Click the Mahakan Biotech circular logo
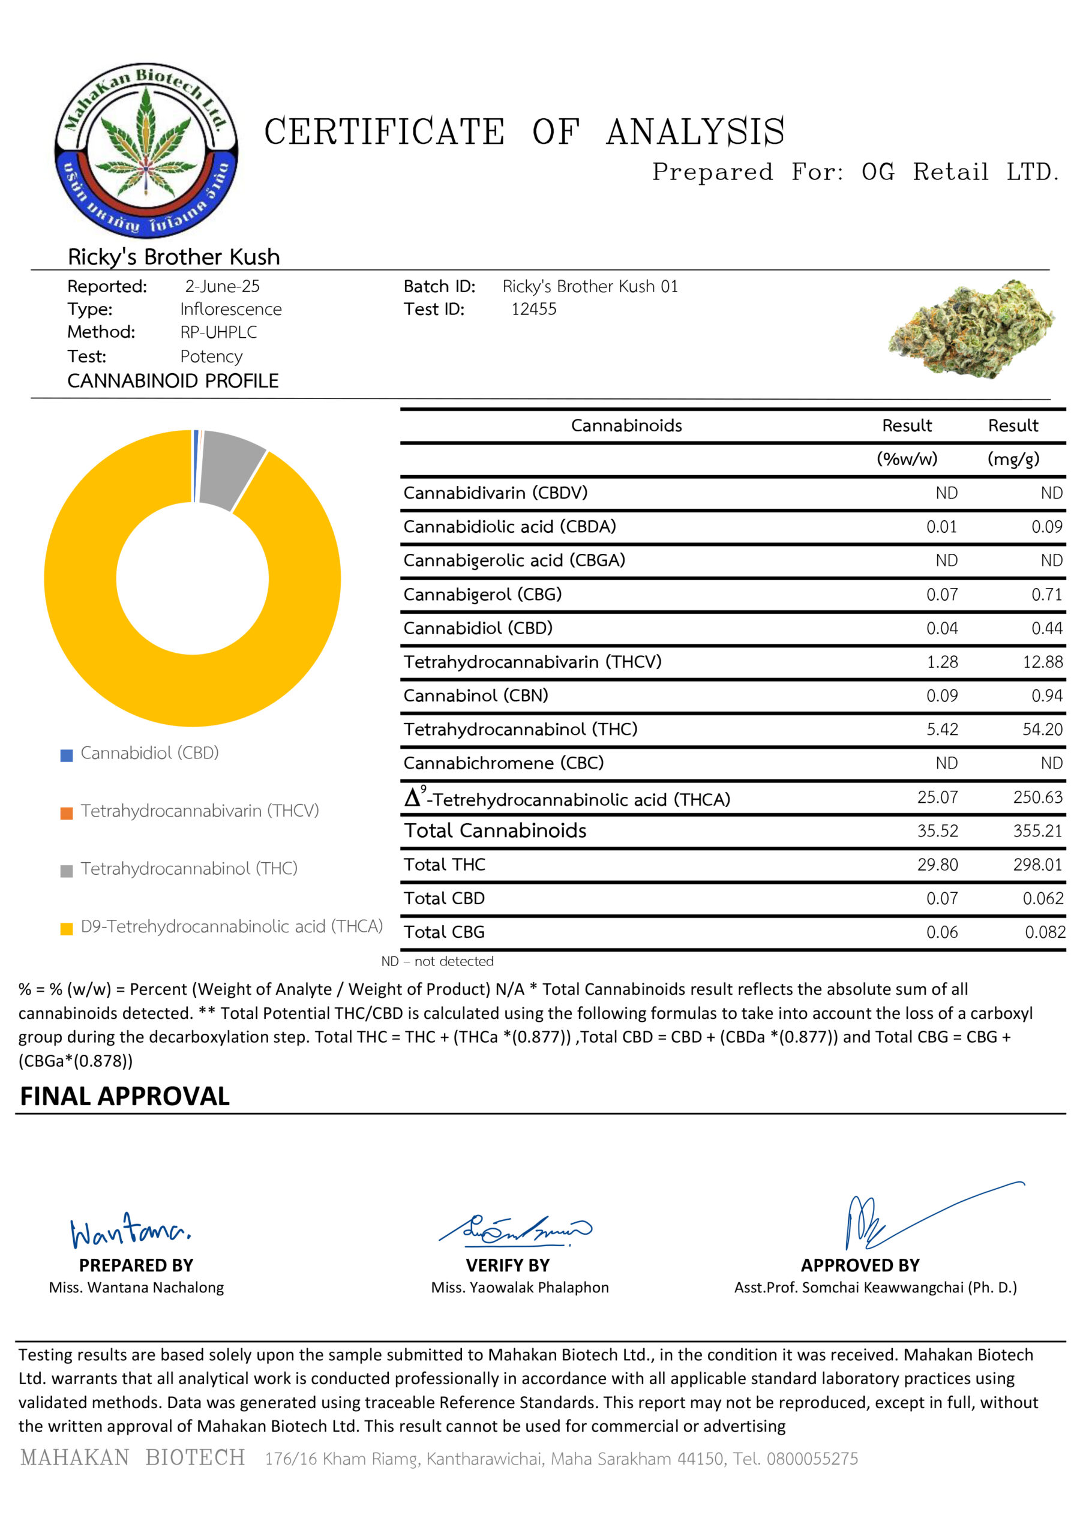pos(146,150)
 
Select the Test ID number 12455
pos(533,309)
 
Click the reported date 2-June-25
pos(222,286)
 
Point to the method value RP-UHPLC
pos(218,332)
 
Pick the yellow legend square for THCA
pos(66,929)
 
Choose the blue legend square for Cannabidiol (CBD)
pos(66,755)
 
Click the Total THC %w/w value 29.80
pos(937,865)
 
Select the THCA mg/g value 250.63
pos(1037,797)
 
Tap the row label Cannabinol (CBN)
pos(475,696)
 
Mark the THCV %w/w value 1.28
pos(941,662)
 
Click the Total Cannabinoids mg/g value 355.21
pos(1037,830)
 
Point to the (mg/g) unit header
pos(1012,459)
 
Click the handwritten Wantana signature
pos(130,1231)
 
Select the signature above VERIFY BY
pos(515,1229)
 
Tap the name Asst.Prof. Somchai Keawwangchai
pos(875,1287)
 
